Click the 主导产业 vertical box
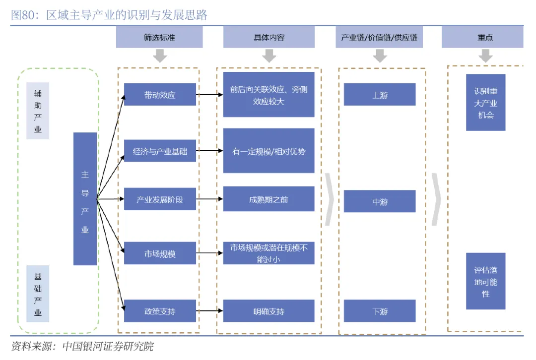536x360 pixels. tap(85, 198)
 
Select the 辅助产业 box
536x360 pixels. tap(38, 111)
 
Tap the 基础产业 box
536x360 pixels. tap(38, 294)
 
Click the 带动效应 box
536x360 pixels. tap(160, 95)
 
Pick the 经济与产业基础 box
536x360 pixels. tap(160, 152)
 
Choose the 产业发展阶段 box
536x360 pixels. tap(160, 199)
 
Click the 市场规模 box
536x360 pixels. tap(160, 254)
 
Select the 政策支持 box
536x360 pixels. tap(160, 311)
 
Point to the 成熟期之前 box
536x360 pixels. tap(268, 199)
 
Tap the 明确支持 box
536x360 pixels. tap(268, 311)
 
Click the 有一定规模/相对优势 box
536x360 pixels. tap(268, 151)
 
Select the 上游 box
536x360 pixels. tap(380, 95)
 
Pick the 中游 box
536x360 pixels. tap(380, 202)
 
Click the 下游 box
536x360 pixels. tap(380, 311)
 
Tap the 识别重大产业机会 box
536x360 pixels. tap(485, 103)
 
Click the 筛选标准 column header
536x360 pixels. tap(159, 38)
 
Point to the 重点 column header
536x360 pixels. tap(482, 38)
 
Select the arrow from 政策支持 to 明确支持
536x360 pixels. tap(209, 311)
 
